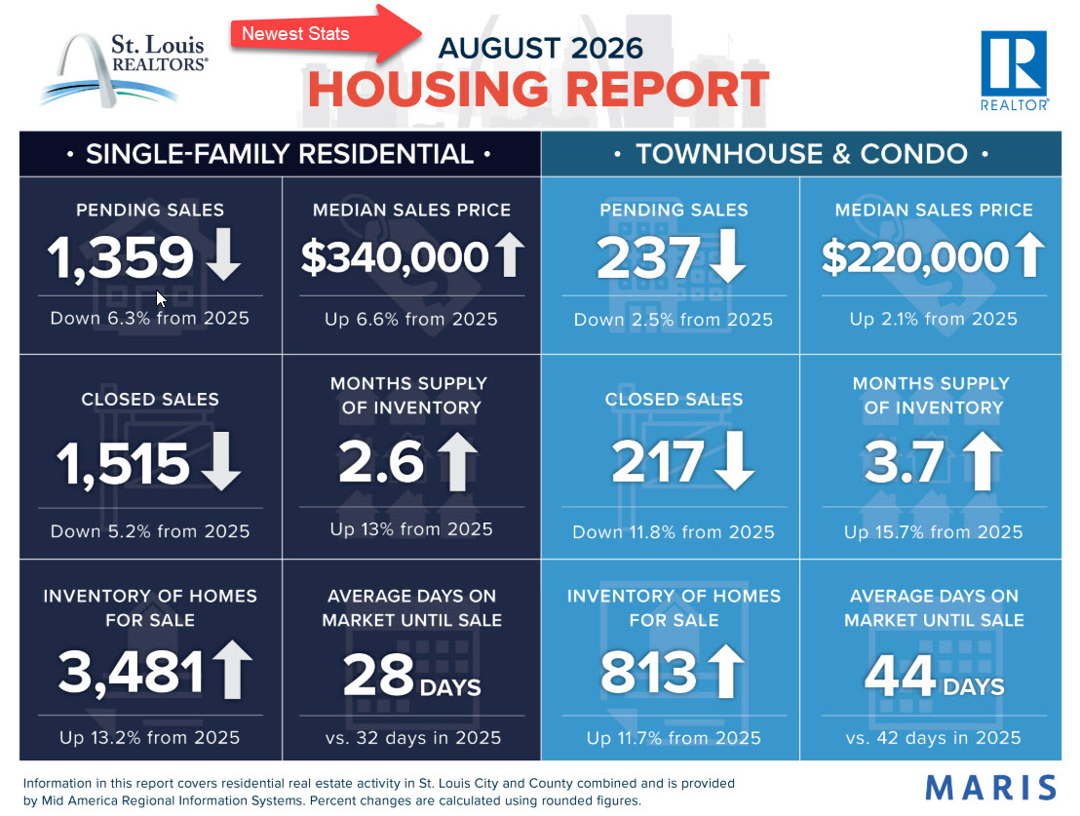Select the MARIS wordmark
[x=990, y=788]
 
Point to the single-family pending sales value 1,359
[x=121, y=257]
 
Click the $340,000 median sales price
[x=395, y=257]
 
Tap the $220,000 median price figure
[x=915, y=257]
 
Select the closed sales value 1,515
[x=123, y=463]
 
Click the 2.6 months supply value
[x=381, y=462]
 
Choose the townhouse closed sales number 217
[x=658, y=461]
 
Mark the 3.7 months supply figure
[x=904, y=462]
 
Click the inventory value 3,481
[x=131, y=672]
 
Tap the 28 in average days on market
[x=379, y=674]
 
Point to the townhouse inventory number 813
[x=649, y=672]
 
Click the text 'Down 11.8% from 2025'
[x=674, y=532]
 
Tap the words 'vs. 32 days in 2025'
[x=413, y=737]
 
